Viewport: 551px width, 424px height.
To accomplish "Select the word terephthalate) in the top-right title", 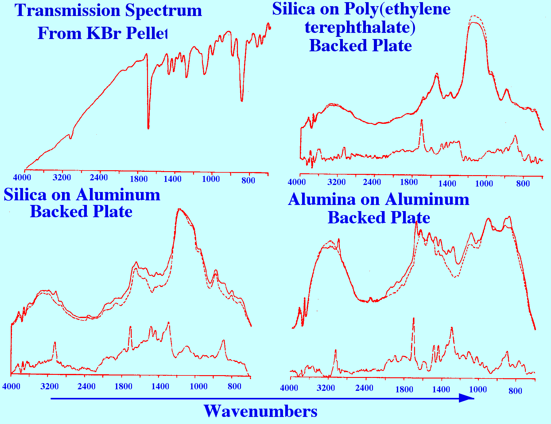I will (x=360, y=27).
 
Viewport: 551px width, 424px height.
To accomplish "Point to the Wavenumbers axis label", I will (x=260, y=411).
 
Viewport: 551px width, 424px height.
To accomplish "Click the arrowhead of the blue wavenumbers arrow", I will (x=467, y=398).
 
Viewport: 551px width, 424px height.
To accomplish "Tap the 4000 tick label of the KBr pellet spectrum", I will (x=22, y=178).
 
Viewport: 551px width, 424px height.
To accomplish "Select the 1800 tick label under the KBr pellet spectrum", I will (x=139, y=179).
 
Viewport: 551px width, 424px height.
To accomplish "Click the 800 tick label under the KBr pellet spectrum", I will (x=248, y=180).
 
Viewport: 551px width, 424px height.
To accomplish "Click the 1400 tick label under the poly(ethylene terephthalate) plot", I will (x=447, y=183).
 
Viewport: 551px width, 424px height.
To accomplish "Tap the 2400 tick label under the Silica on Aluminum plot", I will (x=86, y=386).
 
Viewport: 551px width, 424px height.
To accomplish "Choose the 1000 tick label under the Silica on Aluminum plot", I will (x=198, y=386).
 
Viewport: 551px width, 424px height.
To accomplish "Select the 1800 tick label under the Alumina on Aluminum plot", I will (x=404, y=390).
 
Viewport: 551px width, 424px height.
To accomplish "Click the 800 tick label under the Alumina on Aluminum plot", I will (x=515, y=391).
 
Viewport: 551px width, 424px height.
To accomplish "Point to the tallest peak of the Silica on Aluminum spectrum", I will (x=180, y=209).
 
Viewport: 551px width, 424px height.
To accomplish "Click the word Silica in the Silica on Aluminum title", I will (x=25, y=195).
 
